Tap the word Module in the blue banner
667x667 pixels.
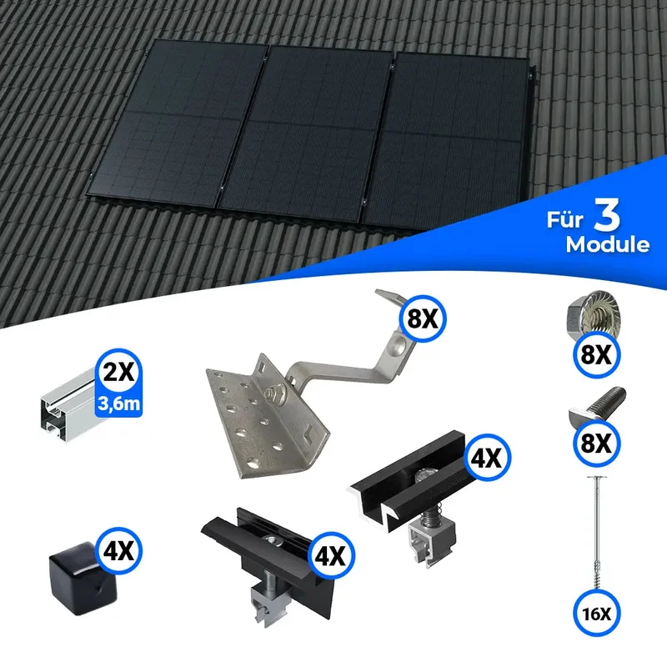coord(608,244)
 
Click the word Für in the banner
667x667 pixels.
coord(565,220)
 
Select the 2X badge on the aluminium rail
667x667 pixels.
coord(118,372)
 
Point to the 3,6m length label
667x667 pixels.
coord(118,404)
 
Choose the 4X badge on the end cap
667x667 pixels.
coord(118,551)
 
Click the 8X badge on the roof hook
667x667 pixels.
coord(423,318)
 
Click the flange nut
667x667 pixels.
coord(594,315)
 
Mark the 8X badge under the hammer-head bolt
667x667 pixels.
coord(596,443)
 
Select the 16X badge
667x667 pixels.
coord(596,613)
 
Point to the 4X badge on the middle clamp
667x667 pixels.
coord(487,457)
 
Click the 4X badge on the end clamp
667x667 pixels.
coord(331,554)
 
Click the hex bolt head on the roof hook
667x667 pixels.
coord(273,391)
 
